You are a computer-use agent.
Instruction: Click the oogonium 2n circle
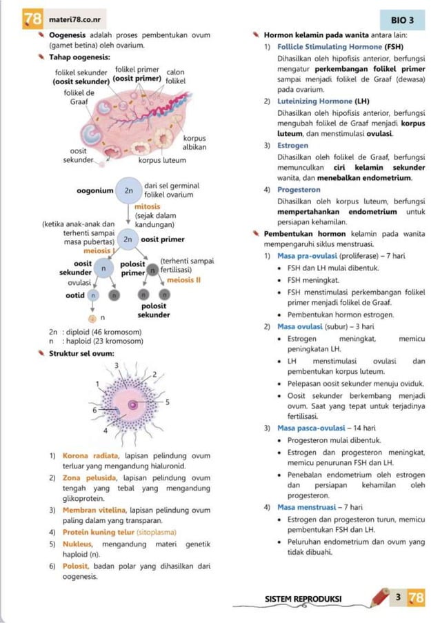[x=128, y=190]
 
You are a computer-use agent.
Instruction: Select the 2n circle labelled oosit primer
[x=128, y=239]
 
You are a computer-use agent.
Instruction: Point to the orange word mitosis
[x=147, y=206]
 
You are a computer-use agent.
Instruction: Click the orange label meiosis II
[x=183, y=280]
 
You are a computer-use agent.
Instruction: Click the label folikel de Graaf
[x=79, y=96]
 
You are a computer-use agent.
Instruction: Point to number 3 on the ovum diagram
[x=117, y=364]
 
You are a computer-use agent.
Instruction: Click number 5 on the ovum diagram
[x=168, y=401]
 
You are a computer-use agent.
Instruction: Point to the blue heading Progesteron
[x=299, y=190]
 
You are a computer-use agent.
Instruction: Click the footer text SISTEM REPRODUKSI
[x=303, y=599]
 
